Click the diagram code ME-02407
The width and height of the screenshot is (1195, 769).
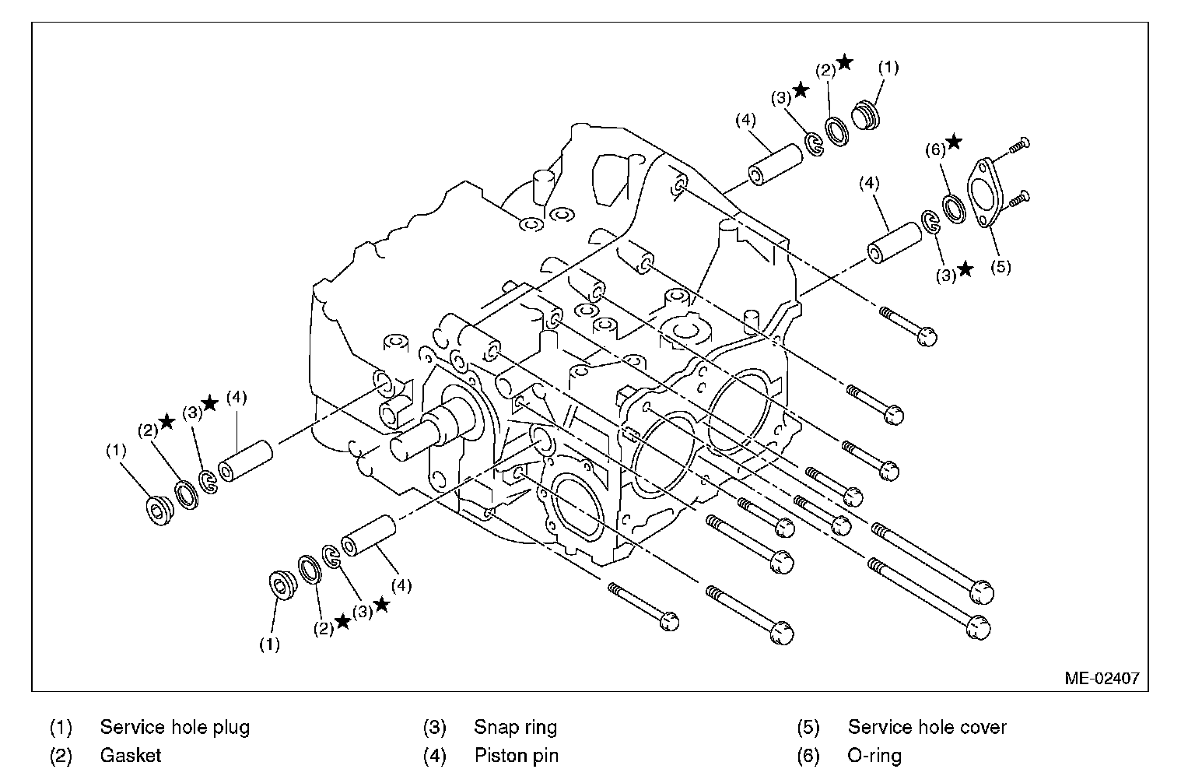[1102, 678]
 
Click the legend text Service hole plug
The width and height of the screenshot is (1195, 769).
[175, 728]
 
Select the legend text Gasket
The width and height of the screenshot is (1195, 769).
[131, 755]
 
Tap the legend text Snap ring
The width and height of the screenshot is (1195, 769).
[515, 728]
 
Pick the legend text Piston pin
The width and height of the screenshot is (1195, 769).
[516, 755]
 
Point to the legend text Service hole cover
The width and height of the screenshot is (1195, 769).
[927, 728]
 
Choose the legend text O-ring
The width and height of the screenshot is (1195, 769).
[874, 755]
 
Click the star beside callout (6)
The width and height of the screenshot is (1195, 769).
[954, 142]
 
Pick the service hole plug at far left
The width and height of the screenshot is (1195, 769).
[160, 508]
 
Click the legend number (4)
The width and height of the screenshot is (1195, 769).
[434, 755]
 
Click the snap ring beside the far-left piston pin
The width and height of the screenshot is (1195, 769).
[209, 483]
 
